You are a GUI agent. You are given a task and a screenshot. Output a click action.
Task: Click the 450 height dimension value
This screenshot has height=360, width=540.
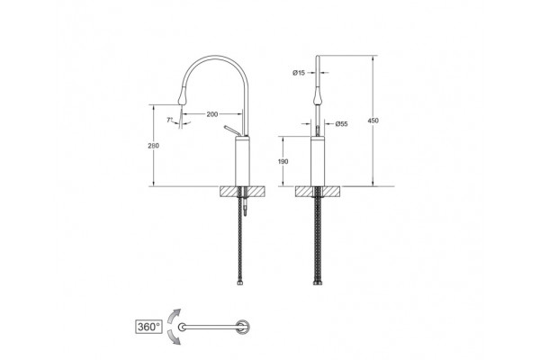(373, 121)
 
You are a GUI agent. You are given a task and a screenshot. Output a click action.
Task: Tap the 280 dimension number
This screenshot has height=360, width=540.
(153, 146)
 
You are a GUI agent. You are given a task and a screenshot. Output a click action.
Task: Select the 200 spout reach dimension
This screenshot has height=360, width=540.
(212, 114)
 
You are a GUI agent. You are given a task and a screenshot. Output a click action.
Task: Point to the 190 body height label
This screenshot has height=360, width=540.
(283, 162)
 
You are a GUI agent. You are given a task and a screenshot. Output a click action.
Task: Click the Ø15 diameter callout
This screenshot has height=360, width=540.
(299, 73)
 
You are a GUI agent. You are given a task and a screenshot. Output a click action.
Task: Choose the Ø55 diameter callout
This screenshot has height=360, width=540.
(341, 124)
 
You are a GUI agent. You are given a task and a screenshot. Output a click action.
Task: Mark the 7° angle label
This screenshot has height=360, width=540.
(169, 120)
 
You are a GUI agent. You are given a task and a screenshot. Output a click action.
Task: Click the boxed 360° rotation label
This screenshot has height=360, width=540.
(148, 327)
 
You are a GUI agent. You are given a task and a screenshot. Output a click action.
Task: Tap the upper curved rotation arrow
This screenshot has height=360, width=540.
(174, 315)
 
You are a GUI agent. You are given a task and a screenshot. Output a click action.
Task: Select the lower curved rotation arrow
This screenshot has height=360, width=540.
(174, 337)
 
